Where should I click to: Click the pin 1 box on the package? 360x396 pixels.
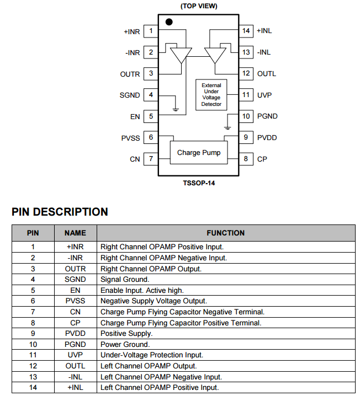[151, 31]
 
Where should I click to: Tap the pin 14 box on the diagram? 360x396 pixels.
[246, 31]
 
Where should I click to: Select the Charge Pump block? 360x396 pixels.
[198, 153]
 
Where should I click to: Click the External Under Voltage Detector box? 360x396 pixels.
[211, 94]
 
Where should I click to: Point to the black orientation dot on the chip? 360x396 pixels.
[169, 22]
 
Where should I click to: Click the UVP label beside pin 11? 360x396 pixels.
[264, 95]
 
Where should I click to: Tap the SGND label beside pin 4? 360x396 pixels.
[130, 95]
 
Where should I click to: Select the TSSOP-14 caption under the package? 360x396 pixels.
[199, 183]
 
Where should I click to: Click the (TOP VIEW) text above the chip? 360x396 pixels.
[199, 6]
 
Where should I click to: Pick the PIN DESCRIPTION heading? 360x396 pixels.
[60, 212]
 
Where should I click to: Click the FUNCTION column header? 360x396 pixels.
[225, 233]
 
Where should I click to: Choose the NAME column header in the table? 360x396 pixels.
[75, 233]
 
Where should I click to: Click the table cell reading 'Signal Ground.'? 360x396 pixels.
[124, 280]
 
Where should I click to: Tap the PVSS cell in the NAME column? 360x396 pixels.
[75, 301]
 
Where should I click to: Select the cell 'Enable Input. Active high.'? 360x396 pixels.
[142, 290]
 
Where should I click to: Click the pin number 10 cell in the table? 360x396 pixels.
[33, 345]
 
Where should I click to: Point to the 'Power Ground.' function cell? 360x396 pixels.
[125, 345]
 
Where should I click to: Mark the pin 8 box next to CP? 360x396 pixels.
[246, 159]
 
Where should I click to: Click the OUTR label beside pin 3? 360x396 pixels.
[130, 74]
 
